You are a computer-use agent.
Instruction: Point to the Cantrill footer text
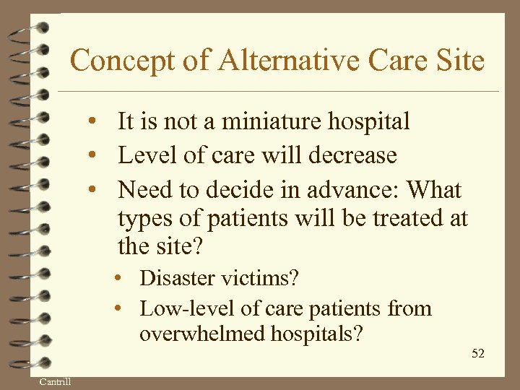[55, 381]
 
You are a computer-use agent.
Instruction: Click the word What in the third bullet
[434, 190]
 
